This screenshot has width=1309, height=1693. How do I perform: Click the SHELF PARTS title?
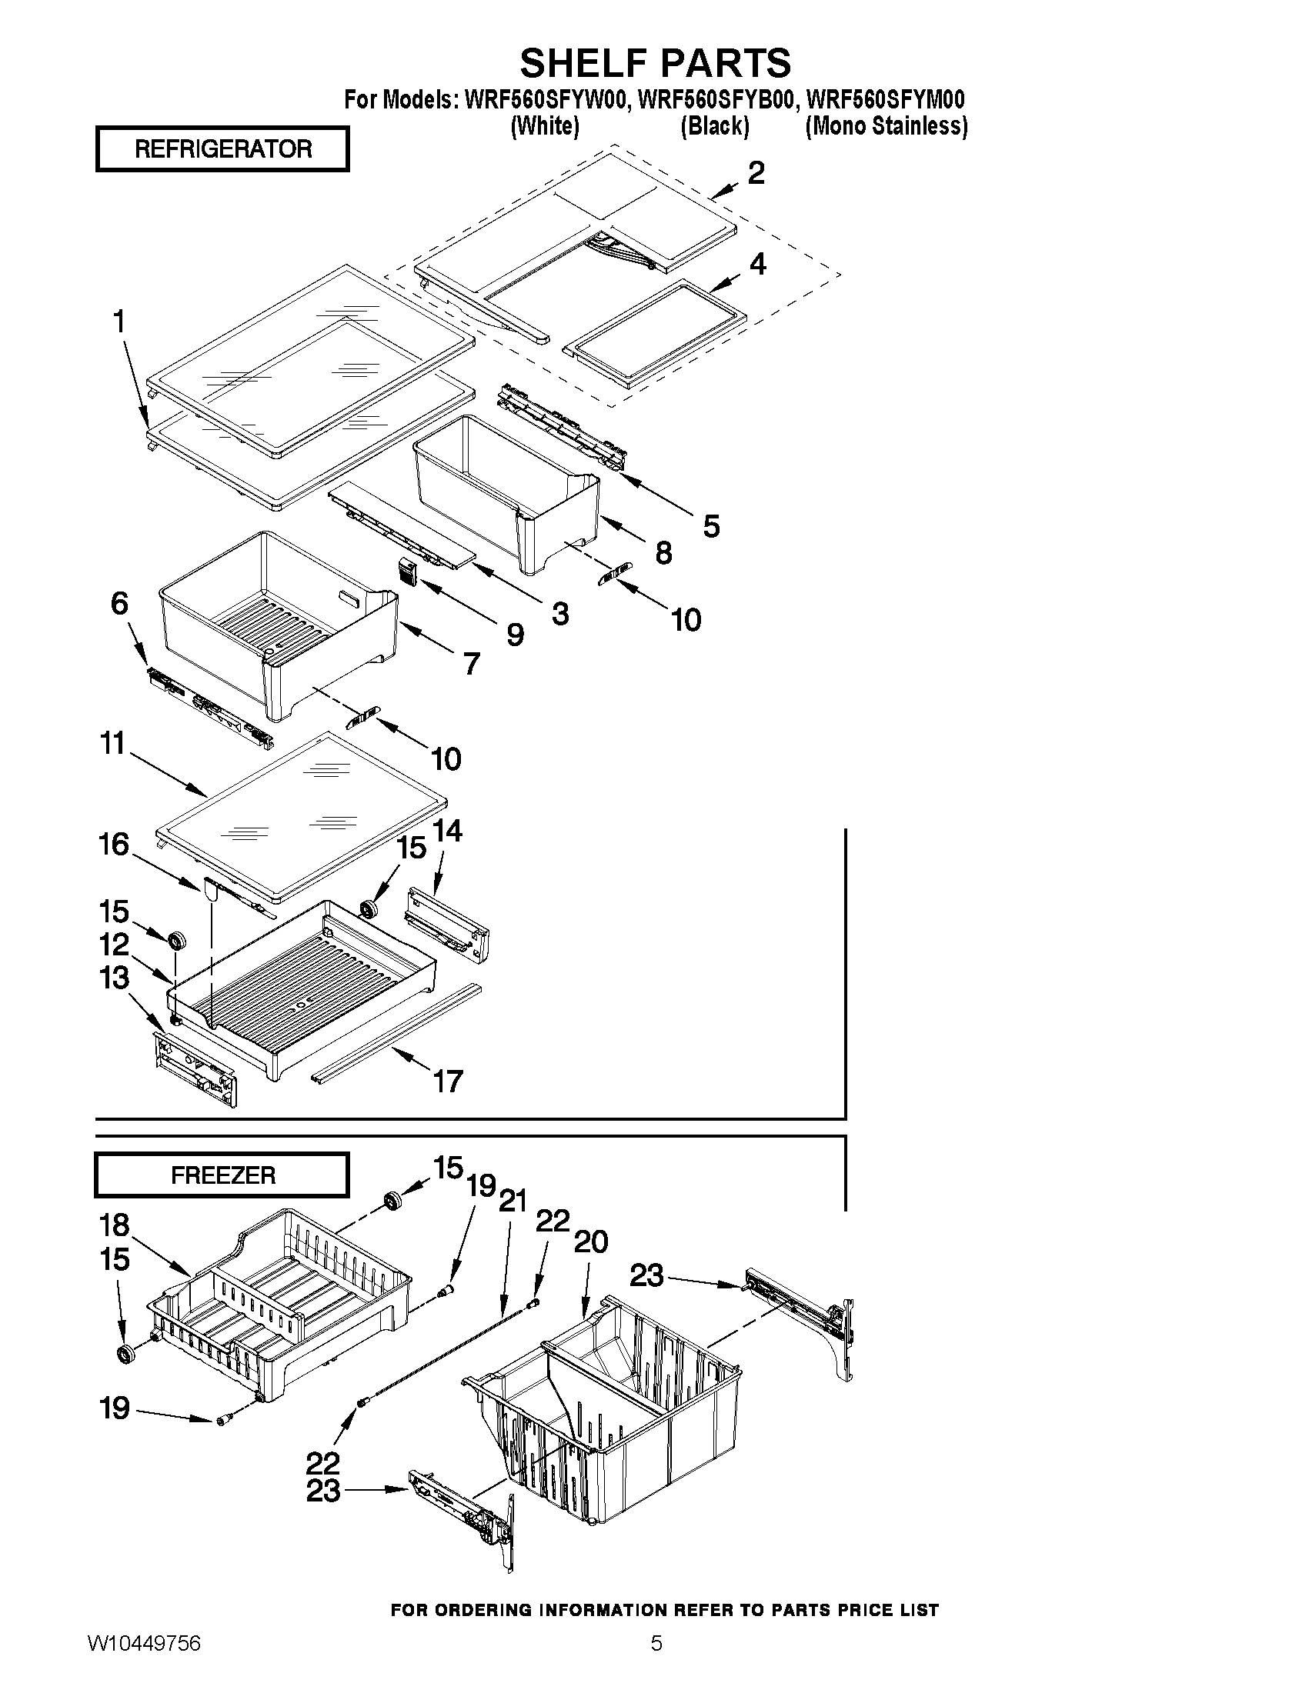point(656,62)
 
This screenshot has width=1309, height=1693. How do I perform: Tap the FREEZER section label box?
point(222,1175)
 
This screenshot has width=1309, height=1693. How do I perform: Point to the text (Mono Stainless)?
point(887,126)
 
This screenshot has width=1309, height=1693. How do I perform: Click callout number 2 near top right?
point(756,172)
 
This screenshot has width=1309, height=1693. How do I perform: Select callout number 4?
point(757,265)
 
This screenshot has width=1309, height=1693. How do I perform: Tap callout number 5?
point(711,526)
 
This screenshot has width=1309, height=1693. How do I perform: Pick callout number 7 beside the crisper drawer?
point(472,663)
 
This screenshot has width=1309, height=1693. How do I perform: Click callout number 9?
point(515,635)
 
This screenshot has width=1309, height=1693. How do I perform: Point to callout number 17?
point(448,1080)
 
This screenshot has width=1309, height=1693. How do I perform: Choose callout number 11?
point(113,743)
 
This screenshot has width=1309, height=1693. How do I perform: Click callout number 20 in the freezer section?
point(590,1241)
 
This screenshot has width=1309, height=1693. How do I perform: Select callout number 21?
point(513,1201)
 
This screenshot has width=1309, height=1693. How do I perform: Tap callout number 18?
point(115,1225)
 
